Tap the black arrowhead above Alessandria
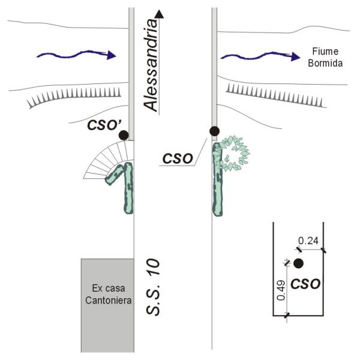(x=158, y=14)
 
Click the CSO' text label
(x=105, y=125)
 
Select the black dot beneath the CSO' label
(x=124, y=136)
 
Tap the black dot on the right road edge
(x=214, y=131)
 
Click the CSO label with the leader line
(x=177, y=159)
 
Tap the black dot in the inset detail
(x=299, y=263)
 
